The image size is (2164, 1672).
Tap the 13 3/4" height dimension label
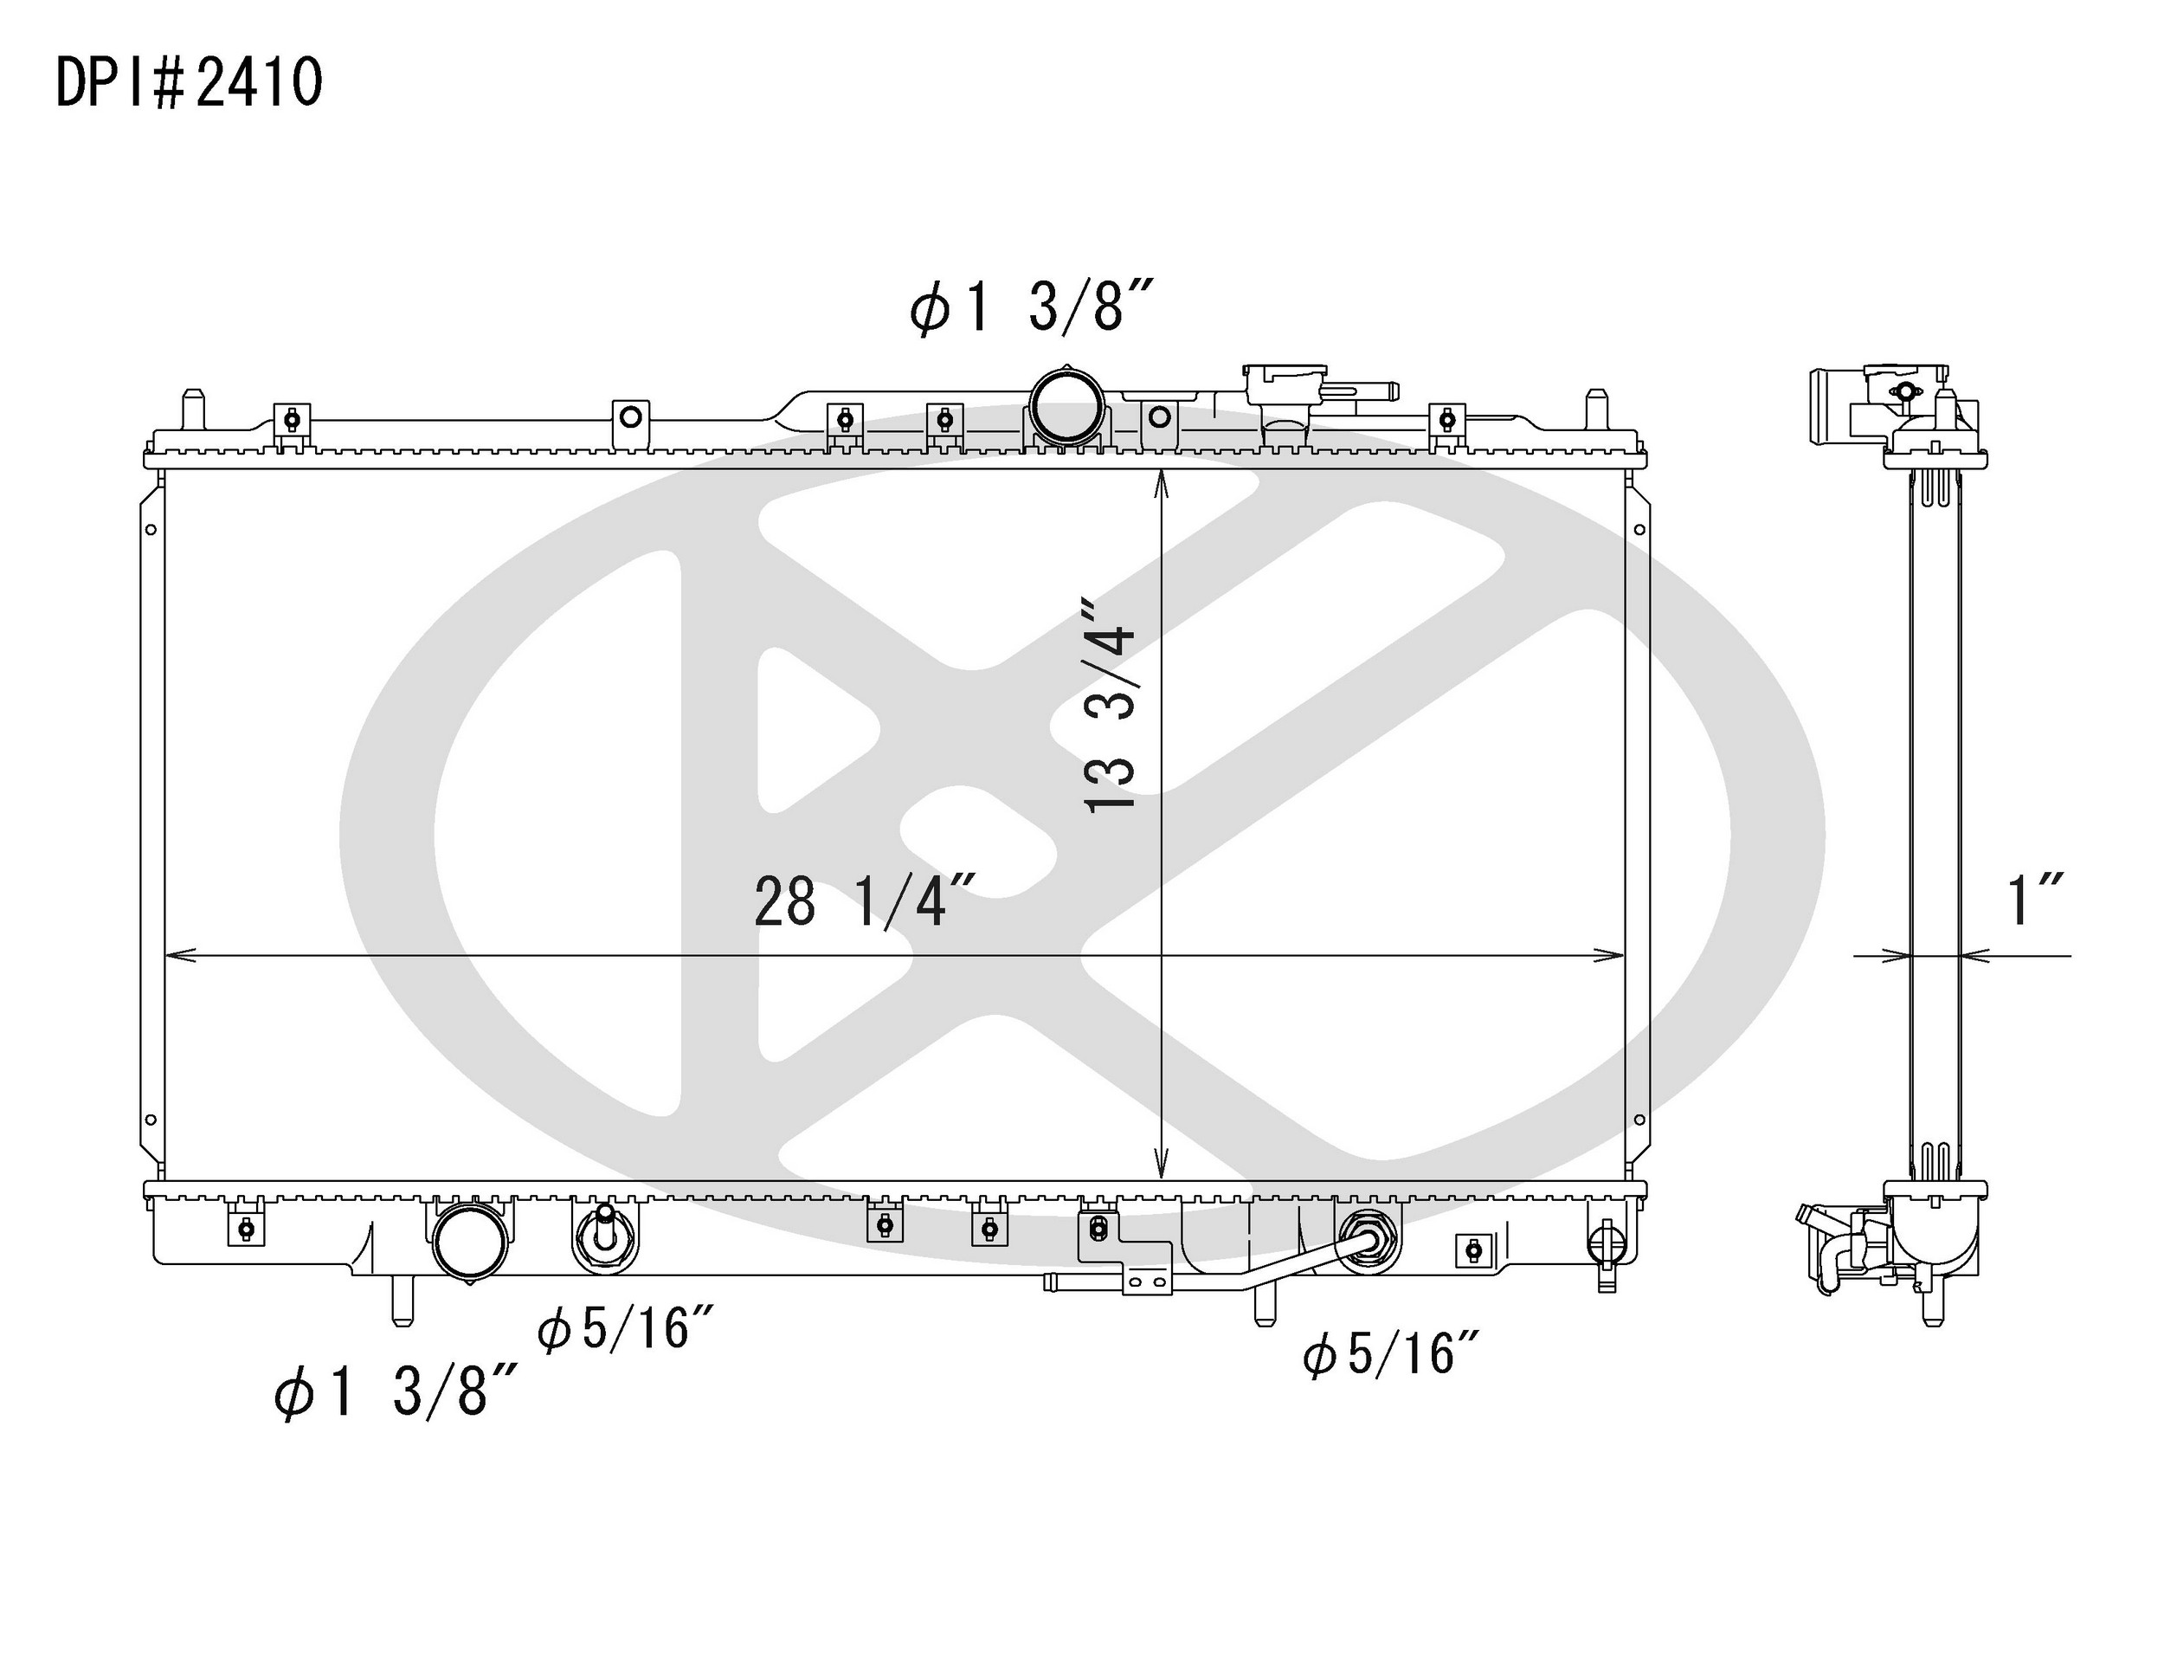click(x=1109, y=705)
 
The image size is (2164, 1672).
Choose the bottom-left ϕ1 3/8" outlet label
click(x=396, y=1391)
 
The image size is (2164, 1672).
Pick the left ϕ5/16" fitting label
click(x=625, y=1328)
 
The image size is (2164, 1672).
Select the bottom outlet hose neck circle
click(x=472, y=1241)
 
